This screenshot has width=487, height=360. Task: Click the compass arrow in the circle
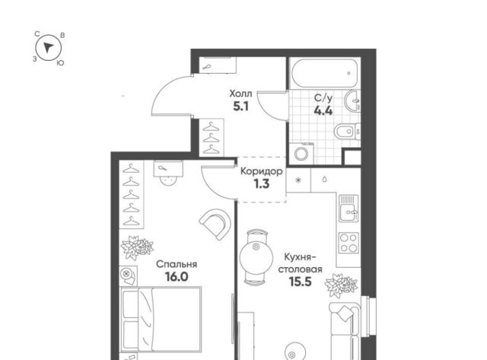tap(48, 47)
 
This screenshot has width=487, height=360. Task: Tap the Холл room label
tap(240, 93)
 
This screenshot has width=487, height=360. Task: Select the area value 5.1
tap(240, 107)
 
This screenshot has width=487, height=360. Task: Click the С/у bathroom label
tap(323, 98)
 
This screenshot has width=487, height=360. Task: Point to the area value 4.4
tap(323, 110)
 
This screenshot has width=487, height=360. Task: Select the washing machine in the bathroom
tap(301, 153)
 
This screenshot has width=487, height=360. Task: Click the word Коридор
tap(262, 171)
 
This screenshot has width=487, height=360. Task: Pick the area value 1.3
tap(262, 184)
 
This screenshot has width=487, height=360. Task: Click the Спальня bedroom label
tap(177, 264)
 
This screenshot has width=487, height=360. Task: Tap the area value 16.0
tap(177, 276)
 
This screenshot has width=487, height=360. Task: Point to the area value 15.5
tap(300, 282)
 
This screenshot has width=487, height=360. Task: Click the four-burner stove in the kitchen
tap(349, 243)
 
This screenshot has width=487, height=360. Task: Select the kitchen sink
tap(349, 208)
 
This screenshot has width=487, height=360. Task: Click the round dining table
tap(256, 256)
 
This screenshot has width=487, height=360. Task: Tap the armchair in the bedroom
tap(215, 224)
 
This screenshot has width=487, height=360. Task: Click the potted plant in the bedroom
tap(137, 247)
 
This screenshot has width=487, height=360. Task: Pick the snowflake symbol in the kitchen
tap(298, 180)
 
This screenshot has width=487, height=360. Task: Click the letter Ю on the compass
tap(61, 63)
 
